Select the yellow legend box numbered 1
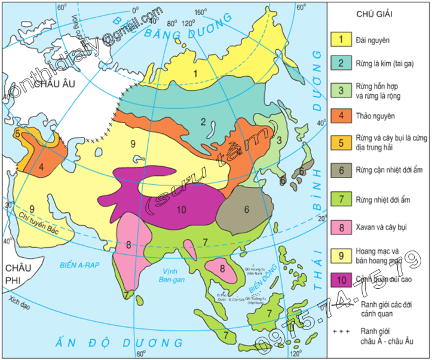click(341, 39)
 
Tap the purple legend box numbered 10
click(341, 279)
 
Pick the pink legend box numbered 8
click(341, 227)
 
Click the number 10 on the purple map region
click(182, 209)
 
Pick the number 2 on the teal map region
click(203, 122)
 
